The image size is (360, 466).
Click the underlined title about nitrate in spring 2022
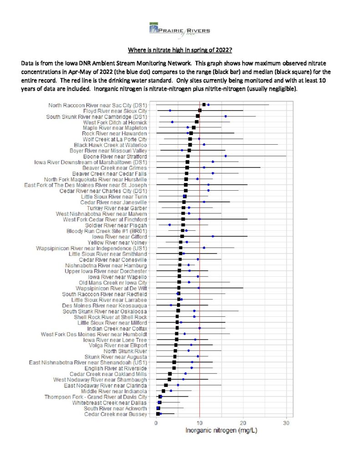click(x=180, y=50)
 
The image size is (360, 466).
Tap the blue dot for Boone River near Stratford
click(x=226, y=156)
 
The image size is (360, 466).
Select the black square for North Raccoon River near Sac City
click(x=204, y=105)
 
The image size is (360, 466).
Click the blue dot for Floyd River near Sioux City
click(x=170, y=111)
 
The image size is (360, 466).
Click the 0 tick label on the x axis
click(x=157, y=423)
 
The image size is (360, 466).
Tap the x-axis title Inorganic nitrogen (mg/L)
click(x=221, y=431)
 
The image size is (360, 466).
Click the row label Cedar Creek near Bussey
click(x=116, y=414)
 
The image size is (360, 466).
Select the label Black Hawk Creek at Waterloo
click(x=111, y=145)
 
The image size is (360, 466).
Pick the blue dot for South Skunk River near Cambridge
click(x=226, y=116)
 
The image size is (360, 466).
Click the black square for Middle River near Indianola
click(x=163, y=391)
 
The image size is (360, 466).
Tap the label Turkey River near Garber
click(x=117, y=208)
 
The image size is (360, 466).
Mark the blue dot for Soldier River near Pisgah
click(x=169, y=225)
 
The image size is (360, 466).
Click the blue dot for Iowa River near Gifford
click(x=213, y=236)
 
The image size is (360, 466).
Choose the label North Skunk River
click(x=126, y=351)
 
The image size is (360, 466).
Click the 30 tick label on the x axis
click(x=286, y=423)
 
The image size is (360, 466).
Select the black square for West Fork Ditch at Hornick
click(x=197, y=122)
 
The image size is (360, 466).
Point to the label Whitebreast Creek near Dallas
click(x=110, y=403)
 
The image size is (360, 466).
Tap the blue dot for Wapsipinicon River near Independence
click(x=204, y=248)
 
